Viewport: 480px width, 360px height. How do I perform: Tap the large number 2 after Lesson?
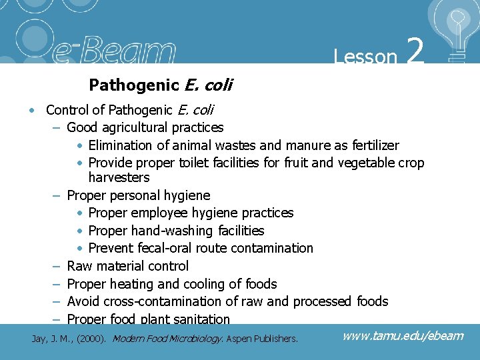click(x=415, y=51)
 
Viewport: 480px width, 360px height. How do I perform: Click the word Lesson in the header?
click(x=365, y=56)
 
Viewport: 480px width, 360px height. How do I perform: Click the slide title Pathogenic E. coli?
click(x=161, y=85)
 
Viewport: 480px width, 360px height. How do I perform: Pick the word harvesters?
click(x=119, y=178)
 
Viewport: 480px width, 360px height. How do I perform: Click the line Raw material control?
click(x=128, y=266)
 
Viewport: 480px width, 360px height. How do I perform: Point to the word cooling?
click(x=217, y=284)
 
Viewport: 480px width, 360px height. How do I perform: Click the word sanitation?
click(x=201, y=319)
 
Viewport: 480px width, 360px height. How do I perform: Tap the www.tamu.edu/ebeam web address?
click(x=403, y=335)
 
